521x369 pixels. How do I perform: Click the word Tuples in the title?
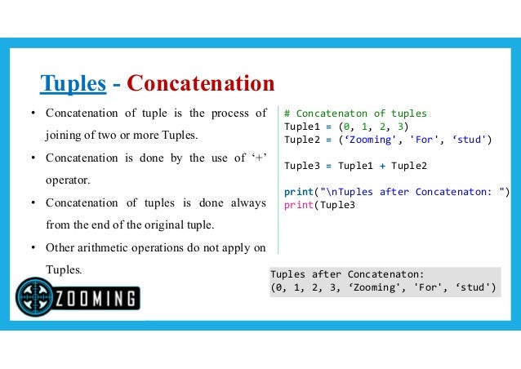(73, 83)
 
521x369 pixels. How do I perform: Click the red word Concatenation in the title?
(201, 83)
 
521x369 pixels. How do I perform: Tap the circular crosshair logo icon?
(34, 296)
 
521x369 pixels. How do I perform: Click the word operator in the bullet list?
(67, 179)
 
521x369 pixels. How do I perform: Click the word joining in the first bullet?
(65, 134)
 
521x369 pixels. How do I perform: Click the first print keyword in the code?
(298, 192)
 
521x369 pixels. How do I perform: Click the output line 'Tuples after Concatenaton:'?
(348, 274)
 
